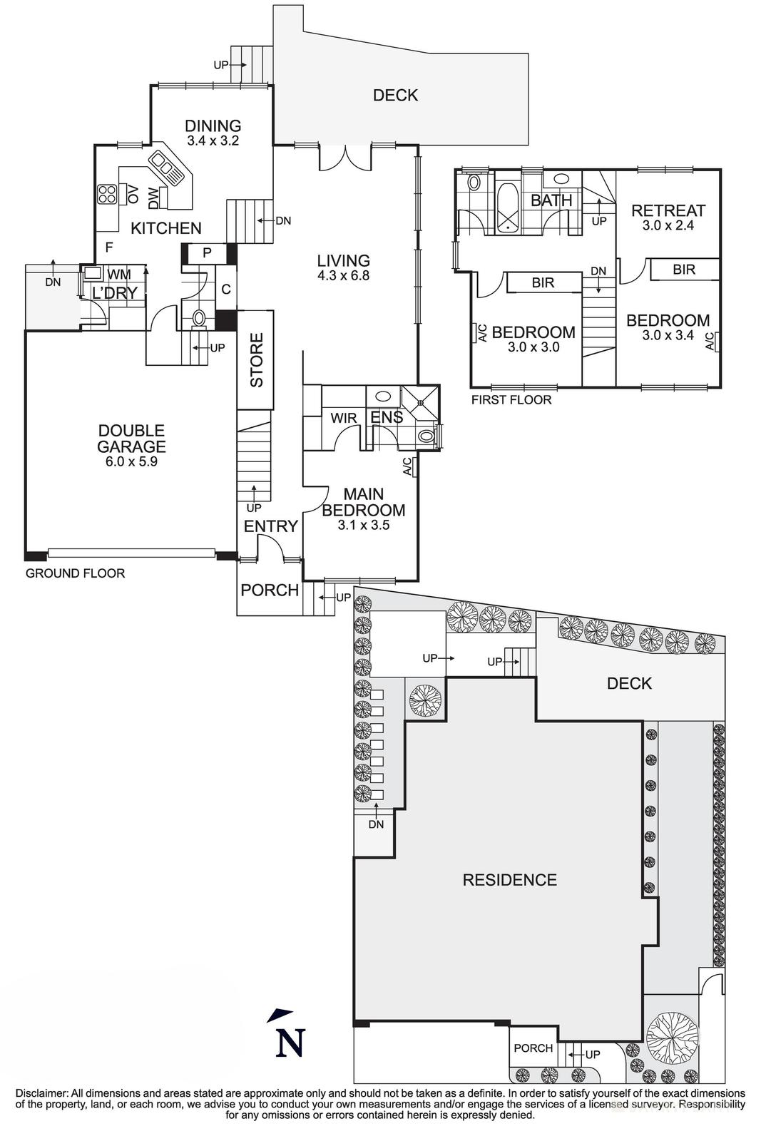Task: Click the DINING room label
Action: pyautogui.click(x=213, y=126)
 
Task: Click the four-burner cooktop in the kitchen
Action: pyautogui.click(x=107, y=194)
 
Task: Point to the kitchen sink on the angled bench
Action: pyautogui.click(x=168, y=170)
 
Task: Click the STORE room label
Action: pyautogui.click(x=256, y=360)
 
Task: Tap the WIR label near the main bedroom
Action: pyautogui.click(x=343, y=418)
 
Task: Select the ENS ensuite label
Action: pyautogui.click(x=386, y=417)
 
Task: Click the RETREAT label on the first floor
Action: pyautogui.click(x=668, y=210)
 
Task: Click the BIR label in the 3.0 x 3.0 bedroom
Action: pyautogui.click(x=543, y=283)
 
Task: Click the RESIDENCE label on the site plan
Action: pyautogui.click(x=509, y=880)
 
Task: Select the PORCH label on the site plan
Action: pyautogui.click(x=533, y=1048)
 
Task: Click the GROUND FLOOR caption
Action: pyautogui.click(x=75, y=573)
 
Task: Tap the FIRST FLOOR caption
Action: pyautogui.click(x=511, y=400)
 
